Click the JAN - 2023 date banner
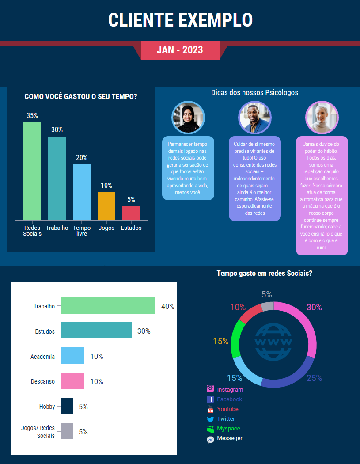point(180,50)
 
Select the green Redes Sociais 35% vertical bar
point(32,171)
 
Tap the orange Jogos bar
point(106,206)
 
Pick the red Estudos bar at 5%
point(131,213)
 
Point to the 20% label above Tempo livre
point(82,158)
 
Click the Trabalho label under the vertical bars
point(57,228)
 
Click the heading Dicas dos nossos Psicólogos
point(254,93)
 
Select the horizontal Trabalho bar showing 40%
point(108,306)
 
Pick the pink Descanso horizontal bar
point(72,381)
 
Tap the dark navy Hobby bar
point(67,406)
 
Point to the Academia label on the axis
point(42,357)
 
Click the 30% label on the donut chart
point(314,308)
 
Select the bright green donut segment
point(238,338)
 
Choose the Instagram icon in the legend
point(210,389)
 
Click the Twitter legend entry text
point(226,418)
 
